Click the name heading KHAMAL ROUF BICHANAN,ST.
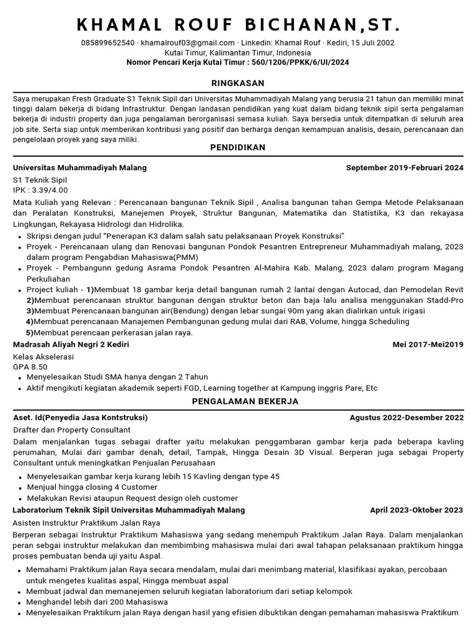tap(238, 25)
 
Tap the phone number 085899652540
tap(108, 43)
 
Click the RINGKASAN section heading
tap(238, 83)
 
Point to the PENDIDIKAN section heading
tap(238, 147)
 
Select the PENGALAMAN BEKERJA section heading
tap(238, 401)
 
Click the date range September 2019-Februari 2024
tap(404, 168)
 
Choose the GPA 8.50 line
tap(30, 367)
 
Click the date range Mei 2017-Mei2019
tap(428, 344)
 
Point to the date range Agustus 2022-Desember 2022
tap(406, 417)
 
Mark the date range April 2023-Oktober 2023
tap(416, 510)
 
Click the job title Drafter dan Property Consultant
tap(72, 430)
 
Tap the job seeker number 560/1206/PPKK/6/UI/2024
tap(296, 63)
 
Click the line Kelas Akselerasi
tap(43, 357)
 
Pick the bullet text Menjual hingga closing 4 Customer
tap(92, 487)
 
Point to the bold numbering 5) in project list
tap(29, 332)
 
